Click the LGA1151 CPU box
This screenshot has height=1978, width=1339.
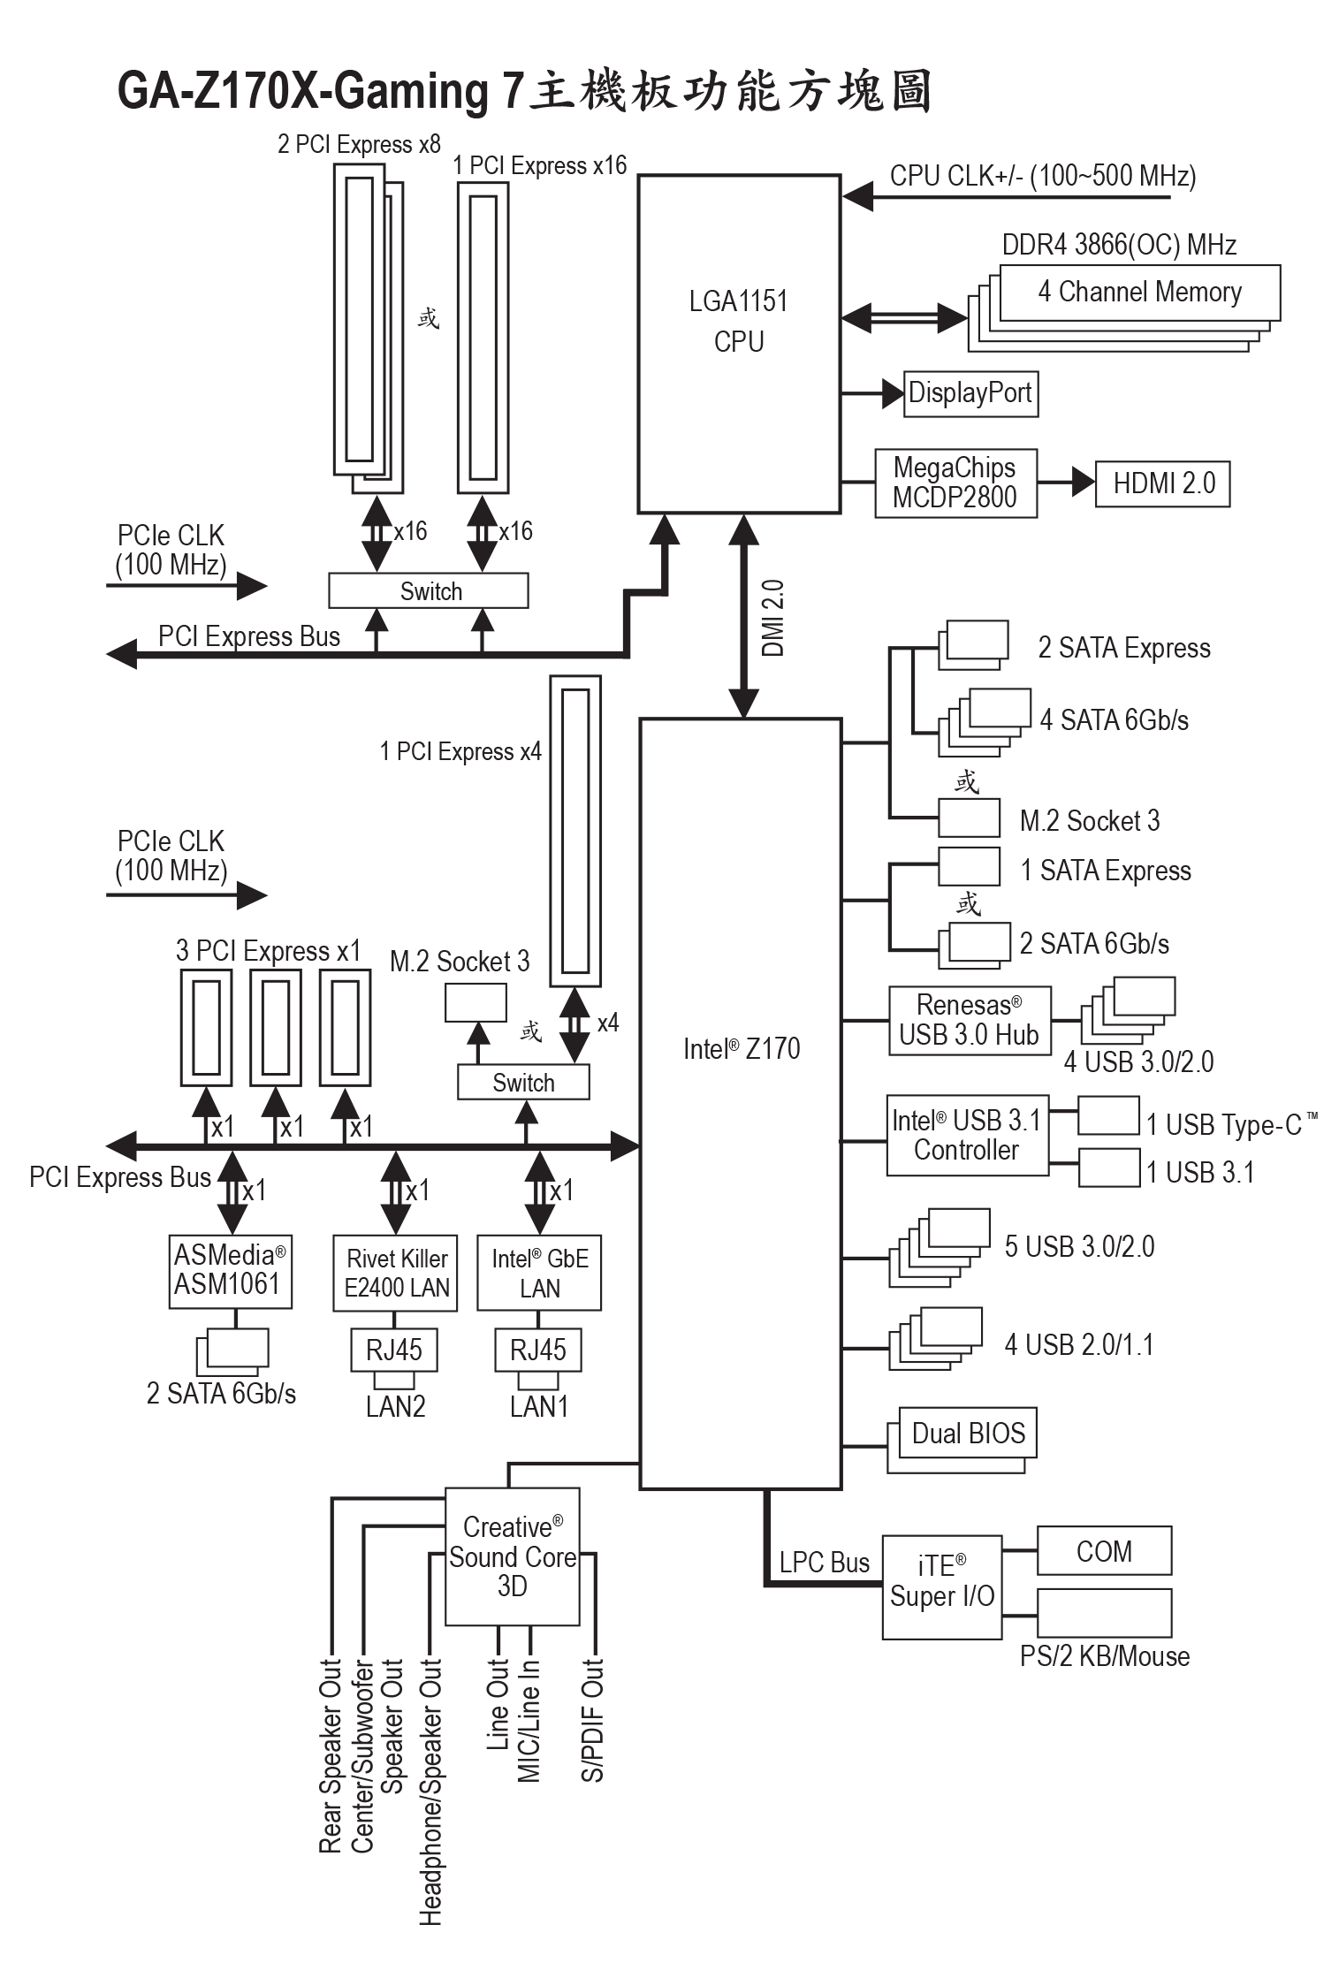(x=739, y=344)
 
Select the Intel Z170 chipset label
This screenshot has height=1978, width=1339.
(x=742, y=1048)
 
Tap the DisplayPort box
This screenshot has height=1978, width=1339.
(x=970, y=393)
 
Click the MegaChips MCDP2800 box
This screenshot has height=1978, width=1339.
(x=955, y=483)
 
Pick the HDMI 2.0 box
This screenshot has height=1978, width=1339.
(x=1162, y=483)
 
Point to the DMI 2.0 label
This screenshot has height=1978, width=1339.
(x=772, y=618)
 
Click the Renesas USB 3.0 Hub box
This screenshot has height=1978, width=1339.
(x=970, y=1020)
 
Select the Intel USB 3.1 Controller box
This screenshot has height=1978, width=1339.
(x=967, y=1136)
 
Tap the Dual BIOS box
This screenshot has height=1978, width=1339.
(x=968, y=1433)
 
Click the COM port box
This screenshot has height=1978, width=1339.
(x=1104, y=1550)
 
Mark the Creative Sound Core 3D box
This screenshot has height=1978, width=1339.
(x=513, y=1556)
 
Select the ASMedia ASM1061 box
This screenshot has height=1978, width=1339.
(x=231, y=1271)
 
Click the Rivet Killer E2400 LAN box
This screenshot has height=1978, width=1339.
(x=396, y=1273)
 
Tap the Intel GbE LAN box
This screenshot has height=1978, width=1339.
(x=539, y=1273)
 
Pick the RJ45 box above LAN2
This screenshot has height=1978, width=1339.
(x=394, y=1350)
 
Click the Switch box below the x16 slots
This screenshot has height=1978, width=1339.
(x=429, y=590)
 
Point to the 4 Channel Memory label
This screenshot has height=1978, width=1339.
(x=1139, y=292)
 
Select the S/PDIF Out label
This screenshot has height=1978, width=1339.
(x=592, y=1719)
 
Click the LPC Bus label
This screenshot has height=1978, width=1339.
(x=824, y=1563)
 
